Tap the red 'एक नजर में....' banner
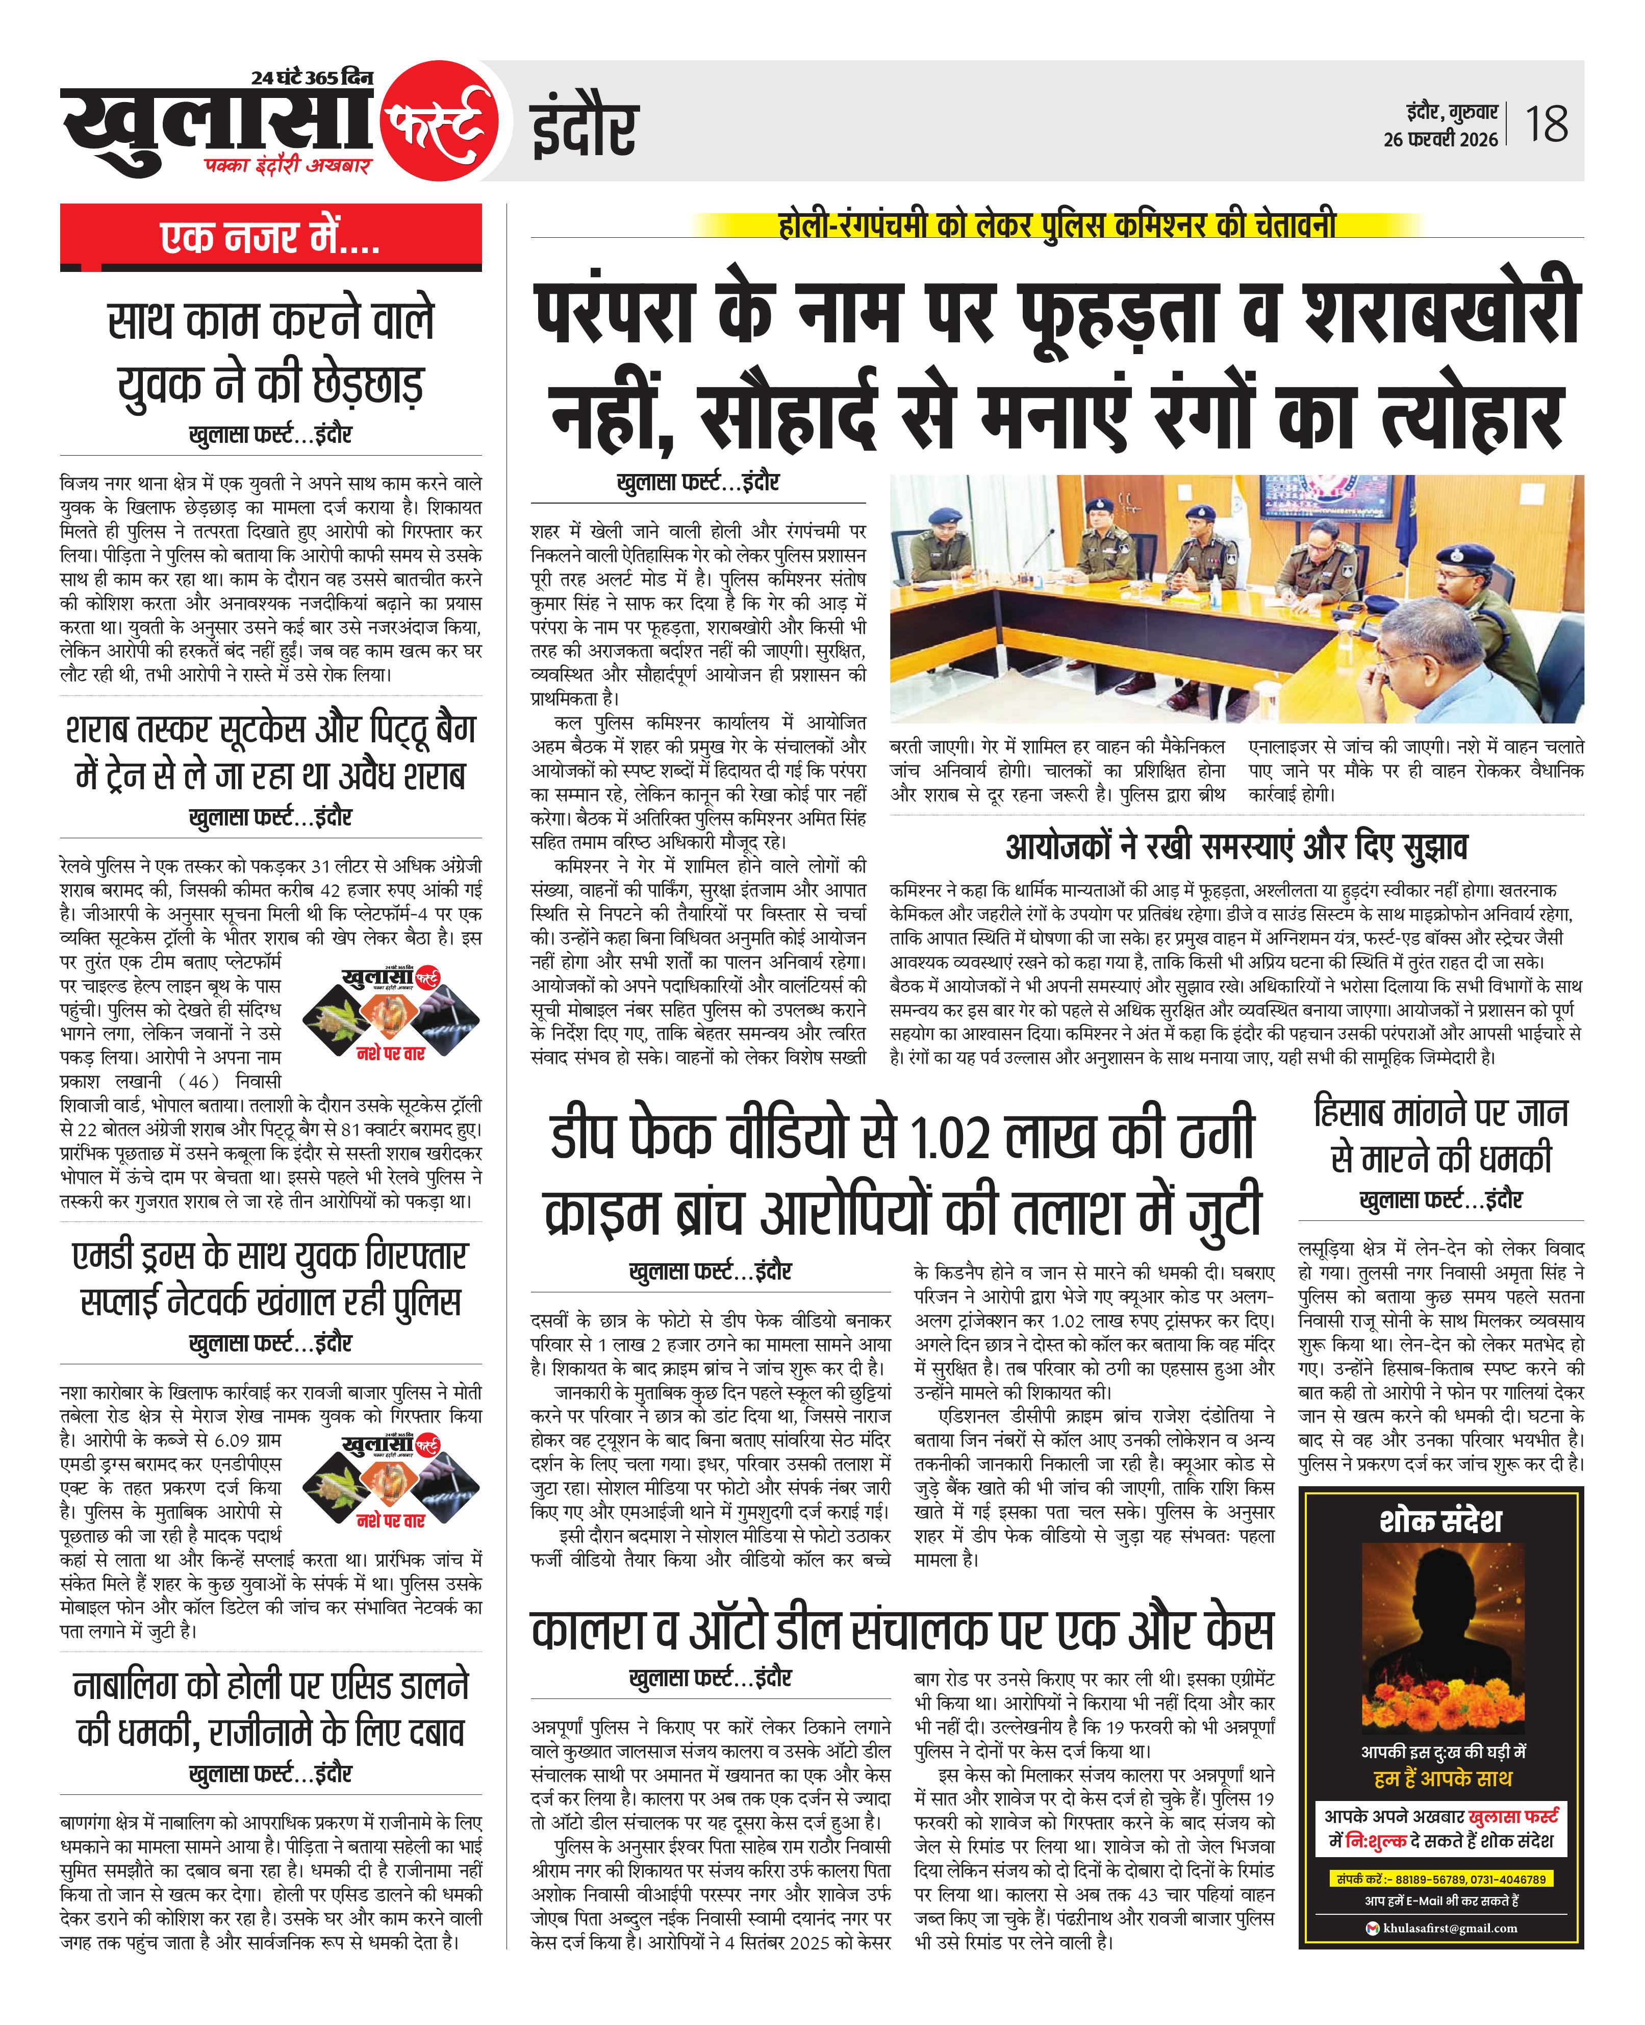(271, 238)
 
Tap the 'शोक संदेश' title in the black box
(1440, 1521)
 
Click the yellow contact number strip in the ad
(1440, 1879)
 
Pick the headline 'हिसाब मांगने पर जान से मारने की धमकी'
(1440, 1135)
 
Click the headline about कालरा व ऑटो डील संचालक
(902, 1631)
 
